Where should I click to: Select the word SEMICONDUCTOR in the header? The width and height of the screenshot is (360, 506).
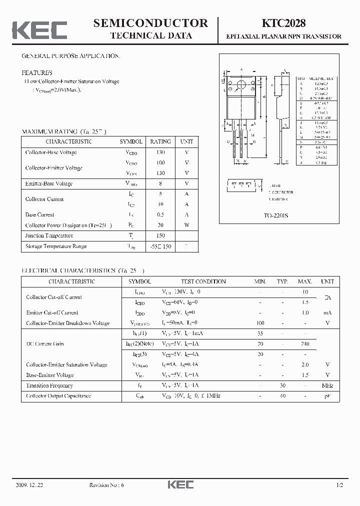click(150, 23)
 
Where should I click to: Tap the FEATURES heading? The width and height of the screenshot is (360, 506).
click(36, 72)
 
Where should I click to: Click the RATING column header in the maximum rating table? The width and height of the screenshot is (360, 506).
click(160, 141)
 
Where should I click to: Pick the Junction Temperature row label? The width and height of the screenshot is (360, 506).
click(49, 235)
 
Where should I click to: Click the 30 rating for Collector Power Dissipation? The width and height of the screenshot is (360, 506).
click(160, 225)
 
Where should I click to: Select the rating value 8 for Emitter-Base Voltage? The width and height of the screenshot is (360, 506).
click(160, 183)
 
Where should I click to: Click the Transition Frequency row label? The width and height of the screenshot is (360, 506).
click(49, 385)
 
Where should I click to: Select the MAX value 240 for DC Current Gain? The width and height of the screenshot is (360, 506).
click(305, 344)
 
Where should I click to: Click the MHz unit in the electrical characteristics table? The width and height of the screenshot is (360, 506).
click(327, 385)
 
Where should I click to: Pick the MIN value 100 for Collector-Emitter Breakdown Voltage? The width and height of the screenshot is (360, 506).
click(260, 323)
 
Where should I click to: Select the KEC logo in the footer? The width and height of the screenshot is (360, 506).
click(179, 485)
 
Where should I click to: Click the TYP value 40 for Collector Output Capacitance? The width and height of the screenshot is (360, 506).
click(282, 396)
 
